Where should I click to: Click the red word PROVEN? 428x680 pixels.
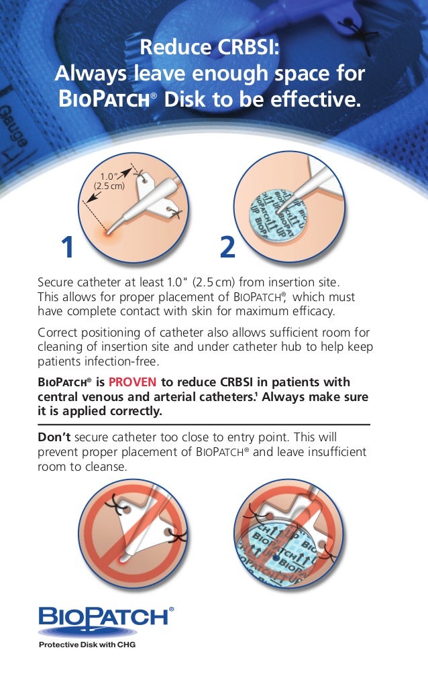point(132,382)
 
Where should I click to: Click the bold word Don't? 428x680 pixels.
point(54,437)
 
